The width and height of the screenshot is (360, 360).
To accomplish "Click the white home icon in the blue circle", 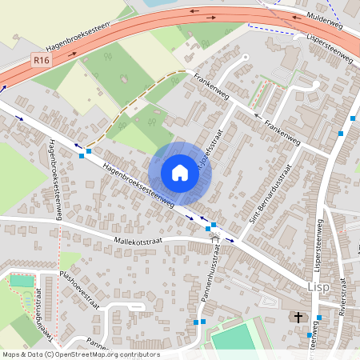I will (180, 173).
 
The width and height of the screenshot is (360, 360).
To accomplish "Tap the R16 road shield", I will (42, 60).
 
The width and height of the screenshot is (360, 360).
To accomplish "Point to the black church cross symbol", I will (298, 318).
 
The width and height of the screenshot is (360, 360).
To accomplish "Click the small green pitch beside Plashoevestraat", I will (22, 281).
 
